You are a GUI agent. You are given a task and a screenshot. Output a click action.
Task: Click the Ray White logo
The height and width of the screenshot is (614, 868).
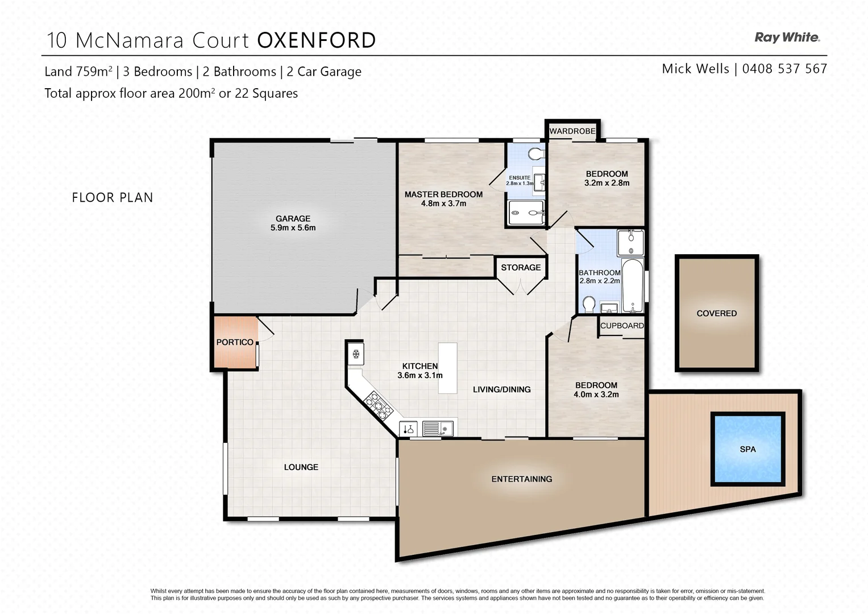point(787,38)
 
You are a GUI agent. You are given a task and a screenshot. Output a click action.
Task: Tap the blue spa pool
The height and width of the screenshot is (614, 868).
point(747,449)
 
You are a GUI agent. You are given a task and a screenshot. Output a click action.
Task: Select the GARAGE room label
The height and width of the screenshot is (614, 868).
point(293,218)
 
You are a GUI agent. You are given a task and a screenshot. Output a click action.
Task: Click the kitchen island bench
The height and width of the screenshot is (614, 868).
point(447,368)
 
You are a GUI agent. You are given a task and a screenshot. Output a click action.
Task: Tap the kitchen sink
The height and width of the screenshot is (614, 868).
point(438,428)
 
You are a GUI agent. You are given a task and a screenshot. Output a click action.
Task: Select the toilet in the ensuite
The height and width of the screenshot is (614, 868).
point(535,153)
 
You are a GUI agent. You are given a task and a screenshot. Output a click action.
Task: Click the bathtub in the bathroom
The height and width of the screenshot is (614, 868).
point(632,285)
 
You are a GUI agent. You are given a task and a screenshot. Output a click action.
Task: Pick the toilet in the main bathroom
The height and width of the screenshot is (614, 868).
point(589,305)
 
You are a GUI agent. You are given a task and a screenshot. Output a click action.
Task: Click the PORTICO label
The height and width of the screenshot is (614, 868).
point(235,342)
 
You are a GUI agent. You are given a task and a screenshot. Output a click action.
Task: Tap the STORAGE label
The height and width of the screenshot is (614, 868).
point(521,267)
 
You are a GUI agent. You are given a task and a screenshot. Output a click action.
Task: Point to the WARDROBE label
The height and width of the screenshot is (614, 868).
point(572,131)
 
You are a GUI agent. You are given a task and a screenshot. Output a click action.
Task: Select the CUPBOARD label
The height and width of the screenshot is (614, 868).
point(622,326)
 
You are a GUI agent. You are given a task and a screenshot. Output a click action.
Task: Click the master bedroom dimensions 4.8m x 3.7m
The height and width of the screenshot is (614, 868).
point(443,204)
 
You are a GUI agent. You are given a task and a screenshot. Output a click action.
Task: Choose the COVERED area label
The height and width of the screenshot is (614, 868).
point(716,313)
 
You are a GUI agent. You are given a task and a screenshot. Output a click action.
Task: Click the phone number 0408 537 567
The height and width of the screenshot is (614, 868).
point(784,69)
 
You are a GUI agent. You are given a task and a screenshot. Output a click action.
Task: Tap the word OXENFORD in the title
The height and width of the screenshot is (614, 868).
point(317,40)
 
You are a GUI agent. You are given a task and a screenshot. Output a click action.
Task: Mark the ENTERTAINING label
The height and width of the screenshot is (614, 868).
point(521,479)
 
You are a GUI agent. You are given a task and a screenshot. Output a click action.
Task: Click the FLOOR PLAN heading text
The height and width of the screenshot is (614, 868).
point(113,197)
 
